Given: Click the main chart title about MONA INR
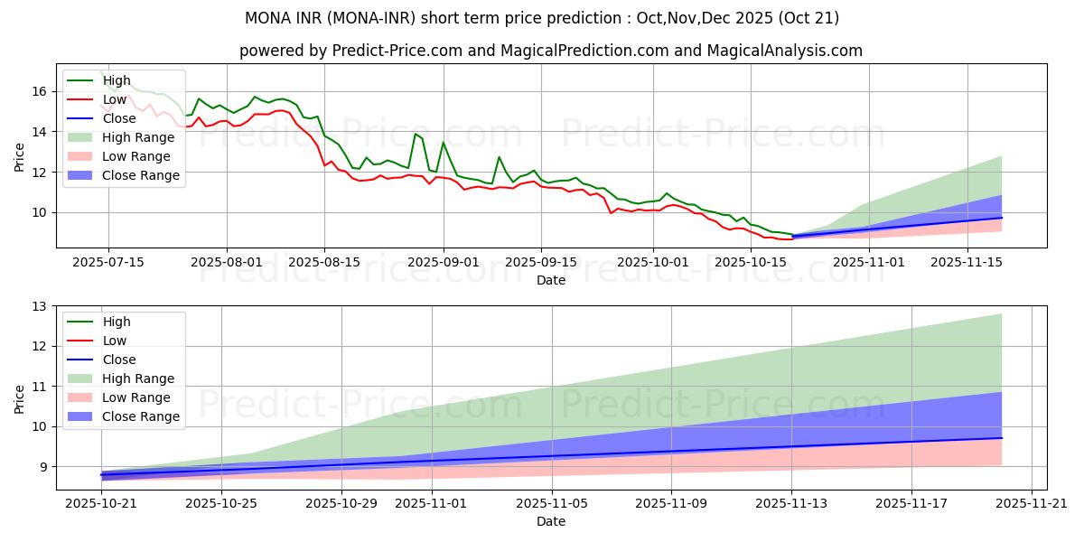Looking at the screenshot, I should click(x=542, y=18).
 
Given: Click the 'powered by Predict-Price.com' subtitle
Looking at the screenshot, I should click(x=550, y=51).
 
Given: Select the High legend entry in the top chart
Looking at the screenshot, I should click(x=116, y=80).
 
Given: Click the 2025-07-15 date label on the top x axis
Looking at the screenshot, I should click(x=108, y=262).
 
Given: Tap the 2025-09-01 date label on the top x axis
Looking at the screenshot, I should click(x=443, y=262).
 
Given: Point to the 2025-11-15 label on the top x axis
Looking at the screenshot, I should click(x=967, y=262).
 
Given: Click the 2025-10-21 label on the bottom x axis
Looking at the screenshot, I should click(x=101, y=503).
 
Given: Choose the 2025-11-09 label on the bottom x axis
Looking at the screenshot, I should click(x=671, y=503).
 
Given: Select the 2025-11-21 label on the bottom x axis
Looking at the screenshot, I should click(x=1031, y=503).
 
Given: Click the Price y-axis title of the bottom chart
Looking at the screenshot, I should click(x=20, y=398).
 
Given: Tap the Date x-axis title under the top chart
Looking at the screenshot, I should click(x=550, y=280).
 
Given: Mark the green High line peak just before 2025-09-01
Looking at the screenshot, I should click(x=416, y=134).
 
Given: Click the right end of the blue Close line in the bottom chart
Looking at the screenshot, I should click(x=1001, y=438).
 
